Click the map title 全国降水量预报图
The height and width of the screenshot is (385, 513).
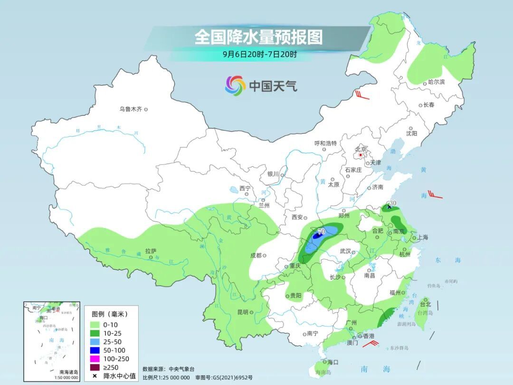[x=258, y=37]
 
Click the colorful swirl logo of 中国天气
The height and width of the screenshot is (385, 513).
[x=235, y=86]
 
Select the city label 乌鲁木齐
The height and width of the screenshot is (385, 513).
[x=131, y=109]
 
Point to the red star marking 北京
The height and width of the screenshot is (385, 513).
[x=361, y=155]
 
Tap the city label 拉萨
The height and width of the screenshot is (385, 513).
[x=151, y=251]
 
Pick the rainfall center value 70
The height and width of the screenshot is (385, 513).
[x=321, y=232]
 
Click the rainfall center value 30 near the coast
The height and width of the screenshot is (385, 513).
[x=392, y=203]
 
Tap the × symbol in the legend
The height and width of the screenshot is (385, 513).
[x=95, y=376]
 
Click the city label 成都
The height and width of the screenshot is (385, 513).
[x=256, y=255]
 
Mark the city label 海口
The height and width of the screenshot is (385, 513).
[x=333, y=362]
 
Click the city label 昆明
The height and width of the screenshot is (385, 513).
[x=242, y=312]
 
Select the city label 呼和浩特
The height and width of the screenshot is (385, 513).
[x=325, y=143]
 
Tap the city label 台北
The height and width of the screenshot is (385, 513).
[x=425, y=304]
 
